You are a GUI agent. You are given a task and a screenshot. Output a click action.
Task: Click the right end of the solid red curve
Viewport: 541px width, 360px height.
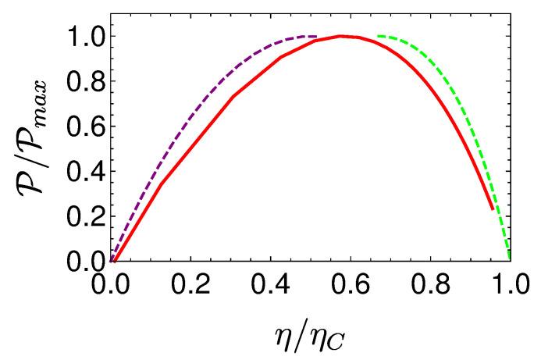492,209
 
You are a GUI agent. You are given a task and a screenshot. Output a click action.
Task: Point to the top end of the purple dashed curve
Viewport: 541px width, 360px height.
315,36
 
